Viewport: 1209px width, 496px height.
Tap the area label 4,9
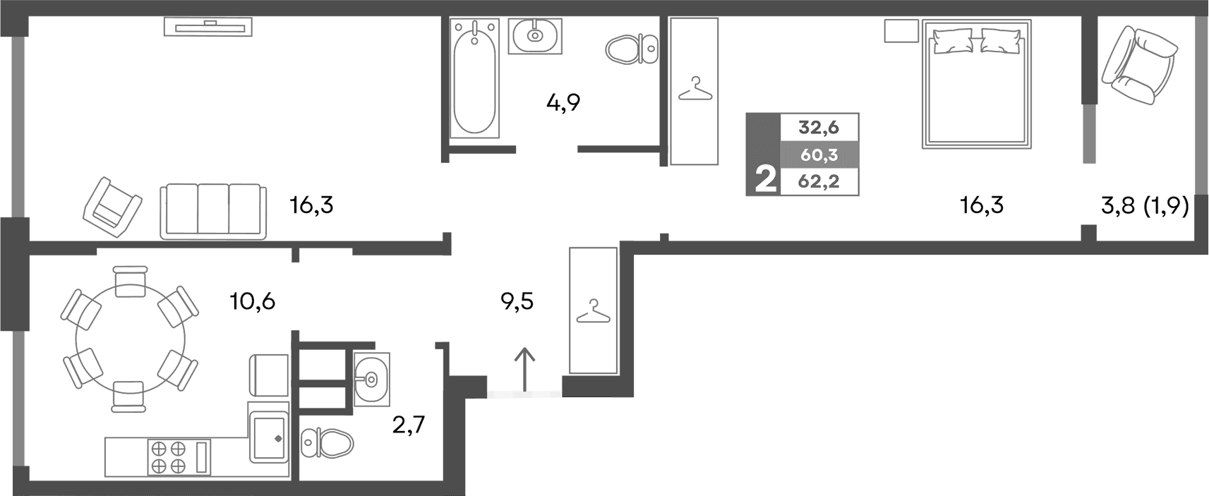click(x=563, y=104)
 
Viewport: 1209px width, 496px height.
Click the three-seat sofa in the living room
click(x=213, y=210)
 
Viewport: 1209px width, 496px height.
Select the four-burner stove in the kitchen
click(x=168, y=456)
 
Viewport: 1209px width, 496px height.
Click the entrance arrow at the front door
click(x=524, y=369)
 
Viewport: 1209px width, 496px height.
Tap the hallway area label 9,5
click(x=517, y=302)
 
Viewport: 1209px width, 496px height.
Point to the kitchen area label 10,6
click(x=252, y=302)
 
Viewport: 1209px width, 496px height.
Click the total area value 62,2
click(x=818, y=182)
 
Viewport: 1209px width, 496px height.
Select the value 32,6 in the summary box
click(x=818, y=128)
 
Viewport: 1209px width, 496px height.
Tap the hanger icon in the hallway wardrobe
click(x=594, y=310)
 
